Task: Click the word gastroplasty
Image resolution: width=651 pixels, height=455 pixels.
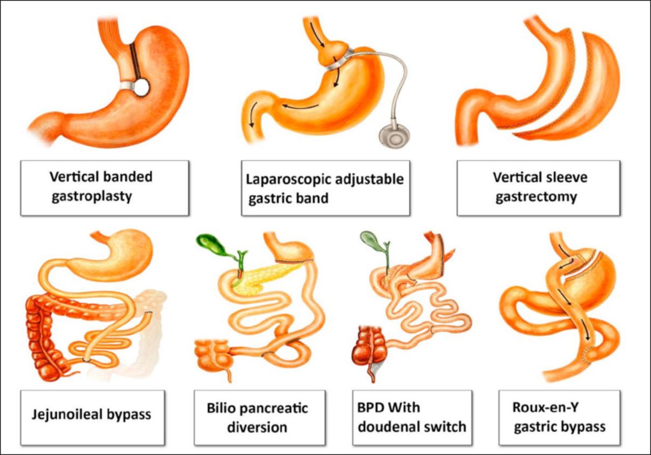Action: click(x=92, y=196)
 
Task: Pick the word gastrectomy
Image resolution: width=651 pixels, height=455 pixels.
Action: click(x=536, y=197)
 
